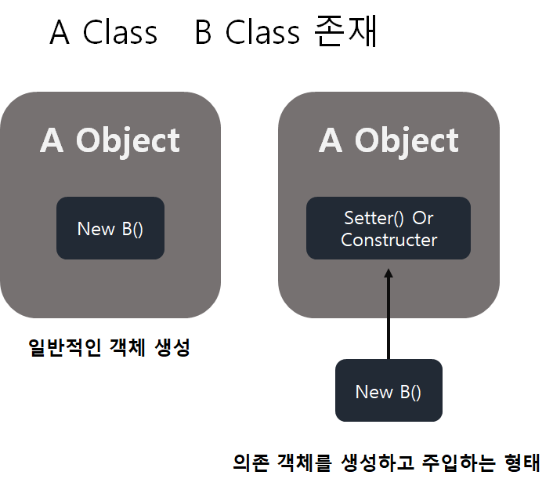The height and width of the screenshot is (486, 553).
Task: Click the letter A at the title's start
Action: click(60, 34)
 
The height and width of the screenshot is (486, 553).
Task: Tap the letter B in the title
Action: click(203, 34)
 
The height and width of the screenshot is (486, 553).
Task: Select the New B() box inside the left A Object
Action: click(110, 228)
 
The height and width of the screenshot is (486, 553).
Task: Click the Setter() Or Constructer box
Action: click(389, 228)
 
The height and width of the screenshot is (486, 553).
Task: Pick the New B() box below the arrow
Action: click(389, 390)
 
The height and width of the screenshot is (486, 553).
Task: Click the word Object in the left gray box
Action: click(128, 141)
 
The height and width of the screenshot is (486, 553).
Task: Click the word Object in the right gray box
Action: click(407, 141)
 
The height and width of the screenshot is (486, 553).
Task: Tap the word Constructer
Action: click(389, 240)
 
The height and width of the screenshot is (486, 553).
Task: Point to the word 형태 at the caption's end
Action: click(522, 462)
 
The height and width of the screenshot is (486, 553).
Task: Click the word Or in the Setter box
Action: click(423, 217)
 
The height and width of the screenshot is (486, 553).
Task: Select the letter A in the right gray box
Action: click(331, 141)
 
